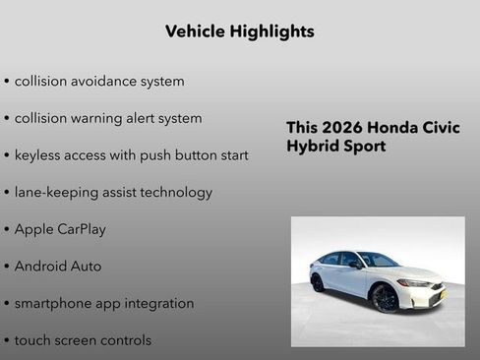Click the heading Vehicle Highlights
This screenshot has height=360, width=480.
coord(239,31)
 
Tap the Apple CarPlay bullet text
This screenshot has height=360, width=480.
coord(60,229)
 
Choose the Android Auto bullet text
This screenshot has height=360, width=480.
coord(58,267)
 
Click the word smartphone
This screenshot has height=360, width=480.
coord(55,304)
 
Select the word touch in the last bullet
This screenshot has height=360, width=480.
coord(32,340)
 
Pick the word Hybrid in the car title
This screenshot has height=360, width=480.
coord(312,147)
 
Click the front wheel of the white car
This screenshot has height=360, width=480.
coord(385,298)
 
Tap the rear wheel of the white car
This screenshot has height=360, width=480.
coord(318,282)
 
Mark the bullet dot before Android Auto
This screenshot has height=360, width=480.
coord(7,267)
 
